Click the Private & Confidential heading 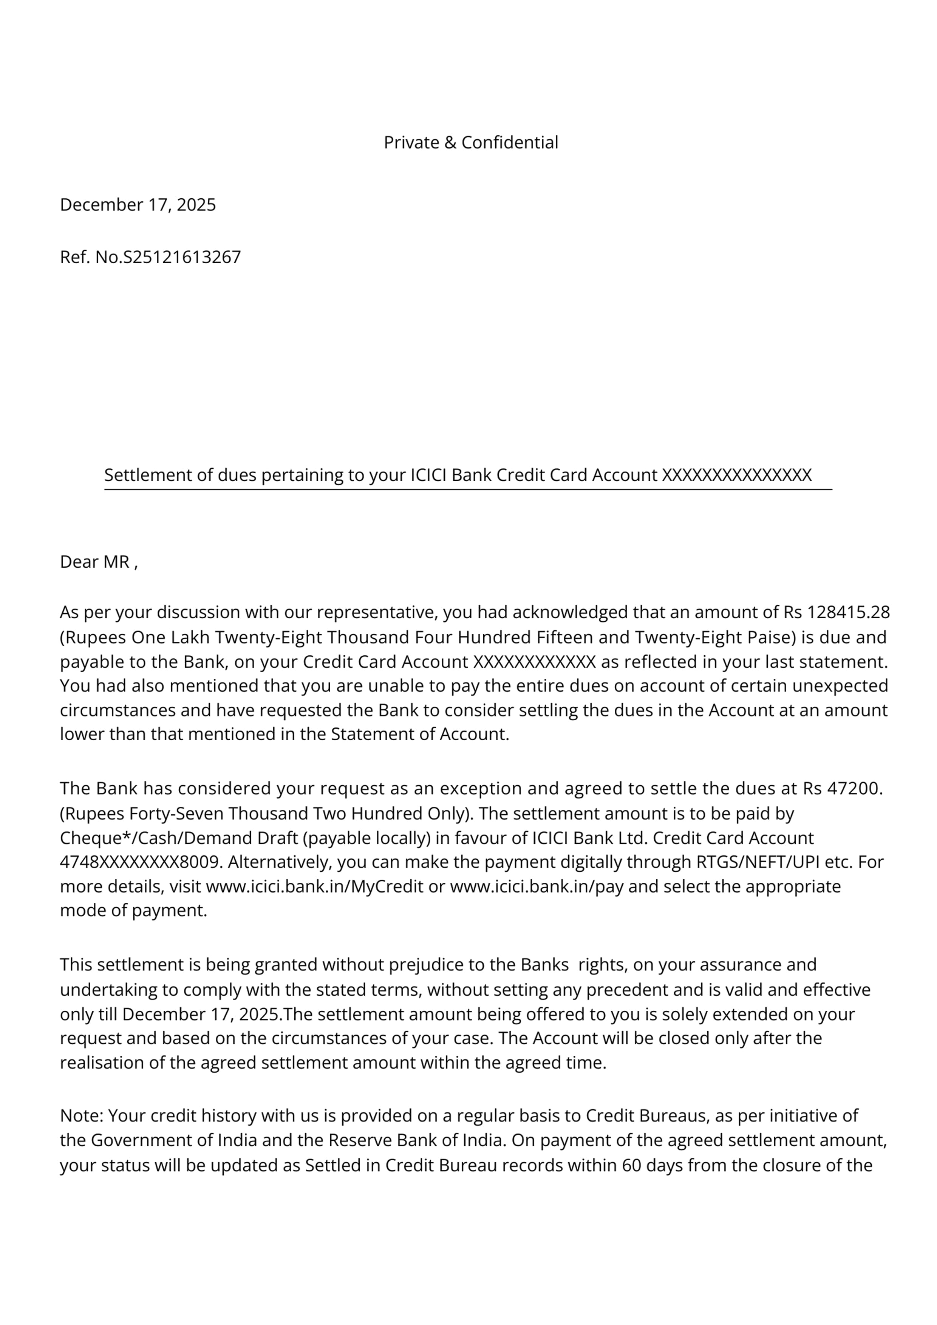click(x=470, y=142)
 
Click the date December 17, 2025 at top click(x=138, y=205)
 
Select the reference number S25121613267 click(x=182, y=257)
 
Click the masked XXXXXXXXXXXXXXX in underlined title click(x=737, y=475)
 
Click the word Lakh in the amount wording click(x=190, y=637)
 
